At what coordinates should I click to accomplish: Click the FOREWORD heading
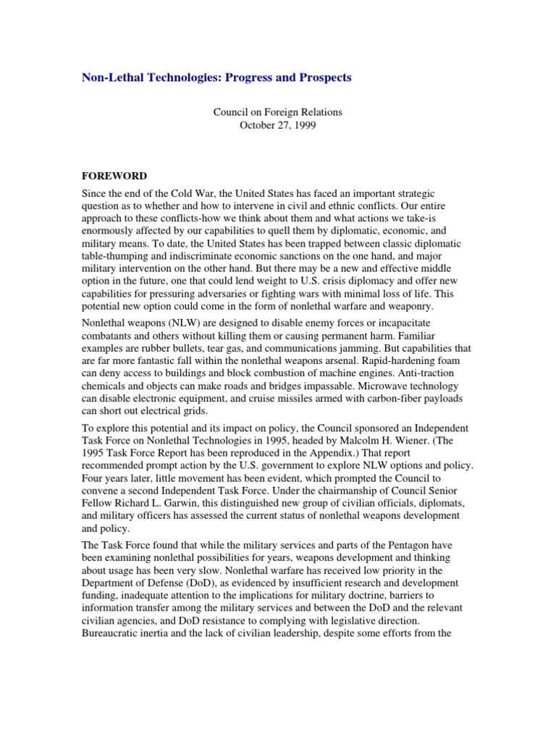coord(113,176)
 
